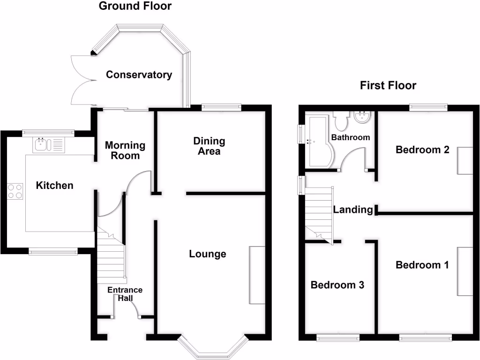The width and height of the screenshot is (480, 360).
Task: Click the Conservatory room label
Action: [x=139, y=75]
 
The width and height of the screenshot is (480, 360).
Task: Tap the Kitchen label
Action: [x=55, y=186]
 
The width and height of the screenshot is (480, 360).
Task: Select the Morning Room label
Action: [x=125, y=150]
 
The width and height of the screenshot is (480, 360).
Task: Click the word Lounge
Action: [x=208, y=254]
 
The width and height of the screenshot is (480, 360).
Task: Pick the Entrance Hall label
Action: [x=125, y=293]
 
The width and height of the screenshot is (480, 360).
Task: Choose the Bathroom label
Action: [x=351, y=137]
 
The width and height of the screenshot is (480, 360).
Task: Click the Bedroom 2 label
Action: [x=423, y=150]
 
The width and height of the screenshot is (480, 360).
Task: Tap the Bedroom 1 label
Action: [x=422, y=265]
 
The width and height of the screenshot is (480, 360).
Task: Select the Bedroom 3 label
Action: [x=337, y=285]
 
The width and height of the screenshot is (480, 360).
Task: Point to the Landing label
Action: [x=352, y=210]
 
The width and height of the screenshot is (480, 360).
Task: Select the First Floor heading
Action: [x=388, y=85]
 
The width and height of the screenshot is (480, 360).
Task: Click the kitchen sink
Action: [x=43, y=144]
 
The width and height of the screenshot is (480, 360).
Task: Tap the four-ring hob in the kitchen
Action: [x=15, y=191]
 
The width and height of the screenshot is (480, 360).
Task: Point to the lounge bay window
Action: [x=212, y=347]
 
